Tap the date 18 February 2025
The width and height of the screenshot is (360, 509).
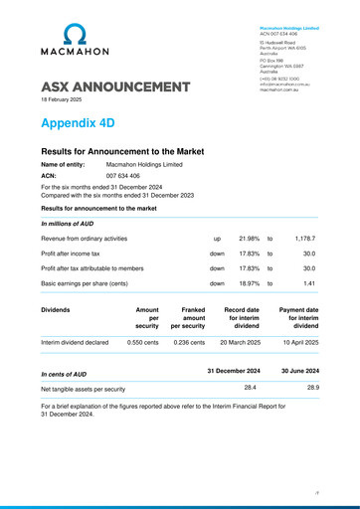62,100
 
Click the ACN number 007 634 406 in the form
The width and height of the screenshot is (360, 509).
123,175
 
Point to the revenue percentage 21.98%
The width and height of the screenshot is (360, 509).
250,239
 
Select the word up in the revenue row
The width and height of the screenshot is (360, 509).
217,239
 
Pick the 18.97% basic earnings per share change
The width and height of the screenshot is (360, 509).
250,283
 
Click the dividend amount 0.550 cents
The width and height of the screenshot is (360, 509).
143,342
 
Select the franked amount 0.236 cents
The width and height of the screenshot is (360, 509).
189,342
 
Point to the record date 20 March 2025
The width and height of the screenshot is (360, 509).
242,342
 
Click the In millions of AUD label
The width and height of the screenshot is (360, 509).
68,224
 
